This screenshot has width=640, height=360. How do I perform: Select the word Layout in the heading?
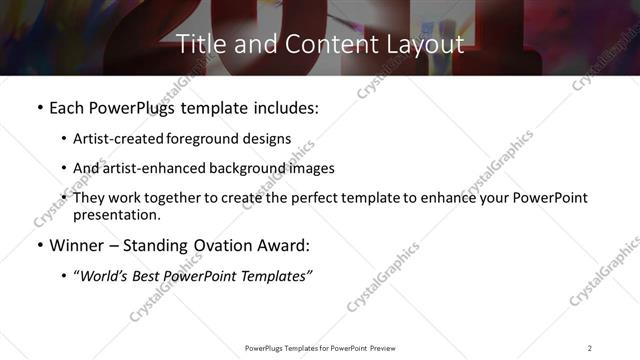427,44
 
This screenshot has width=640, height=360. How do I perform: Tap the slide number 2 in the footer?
590,347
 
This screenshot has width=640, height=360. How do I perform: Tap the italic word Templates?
274,276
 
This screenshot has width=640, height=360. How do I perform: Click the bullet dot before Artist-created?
64,139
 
